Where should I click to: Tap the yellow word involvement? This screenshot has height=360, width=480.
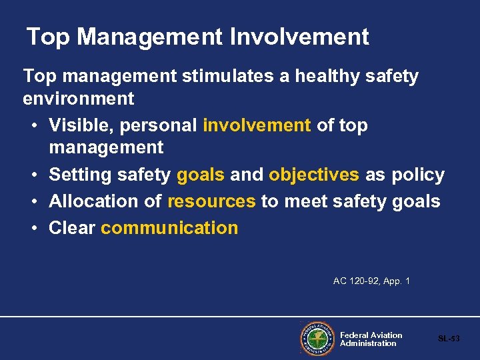coord(257,125)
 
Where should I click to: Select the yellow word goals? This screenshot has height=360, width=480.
coord(201,175)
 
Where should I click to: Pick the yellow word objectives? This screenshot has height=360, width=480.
coord(314,175)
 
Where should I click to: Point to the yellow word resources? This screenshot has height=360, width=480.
coord(211,201)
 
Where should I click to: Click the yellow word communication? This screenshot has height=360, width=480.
coord(169,228)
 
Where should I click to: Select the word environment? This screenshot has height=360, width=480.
coord(79,99)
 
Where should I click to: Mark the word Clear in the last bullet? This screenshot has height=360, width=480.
coord(72,228)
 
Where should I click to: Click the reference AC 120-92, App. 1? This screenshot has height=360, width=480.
coord(371,281)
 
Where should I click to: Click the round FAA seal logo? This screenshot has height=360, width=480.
coord(317,339)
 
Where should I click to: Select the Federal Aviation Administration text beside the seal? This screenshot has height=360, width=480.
coord(371,339)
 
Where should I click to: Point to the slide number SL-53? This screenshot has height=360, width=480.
coord(449,339)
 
